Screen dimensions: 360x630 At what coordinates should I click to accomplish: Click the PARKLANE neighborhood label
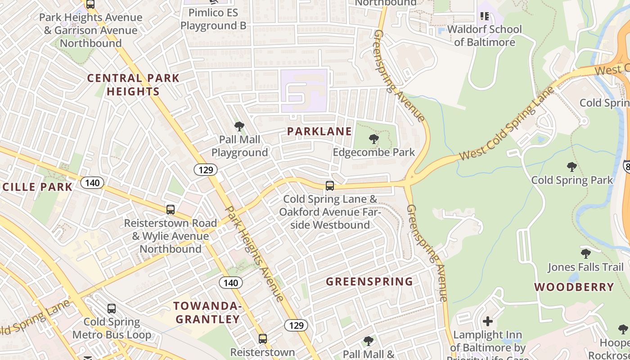pyautogui.click(x=319, y=131)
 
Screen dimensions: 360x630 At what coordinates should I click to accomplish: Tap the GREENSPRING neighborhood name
pyautogui.click(x=369, y=282)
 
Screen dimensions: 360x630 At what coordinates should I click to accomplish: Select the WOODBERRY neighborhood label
pyautogui.click(x=574, y=287)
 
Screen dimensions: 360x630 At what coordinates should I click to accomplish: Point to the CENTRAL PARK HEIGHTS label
pyautogui.click(x=133, y=85)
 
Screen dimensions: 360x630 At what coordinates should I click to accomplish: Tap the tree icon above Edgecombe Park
pyautogui.click(x=373, y=139)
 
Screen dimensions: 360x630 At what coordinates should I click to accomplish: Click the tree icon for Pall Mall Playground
pyautogui.click(x=239, y=126)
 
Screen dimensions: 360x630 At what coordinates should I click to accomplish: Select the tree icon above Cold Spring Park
pyautogui.click(x=572, y=167)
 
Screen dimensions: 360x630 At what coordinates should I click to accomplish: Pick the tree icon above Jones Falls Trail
pyautogui.click(x=585, y=254)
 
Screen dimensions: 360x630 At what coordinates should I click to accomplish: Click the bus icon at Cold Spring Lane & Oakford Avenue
pyautogui.click(x=330, y=185)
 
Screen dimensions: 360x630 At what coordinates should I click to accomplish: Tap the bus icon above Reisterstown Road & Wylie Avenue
pyautogui.click(x=171, y=209)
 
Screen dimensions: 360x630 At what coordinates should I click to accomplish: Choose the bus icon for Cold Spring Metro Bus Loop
pyautogui.click(x=112, y=309)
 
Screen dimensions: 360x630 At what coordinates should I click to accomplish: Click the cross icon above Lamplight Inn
pyautogui.click(x=488, y=321)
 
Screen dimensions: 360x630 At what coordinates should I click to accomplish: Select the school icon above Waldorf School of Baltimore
pyautogui.click(x=485, y=17)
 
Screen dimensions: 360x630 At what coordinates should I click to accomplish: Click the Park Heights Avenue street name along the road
pyautogui.click(x=254, y=254)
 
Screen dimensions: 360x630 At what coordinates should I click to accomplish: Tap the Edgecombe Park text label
pyautogui.click(x=374, y=152)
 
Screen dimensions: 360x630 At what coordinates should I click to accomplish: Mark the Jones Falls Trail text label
pyautogui.click(x=585, y=267)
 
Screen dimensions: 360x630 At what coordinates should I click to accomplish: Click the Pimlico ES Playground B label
pyautogui.click(x=213, y=19)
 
